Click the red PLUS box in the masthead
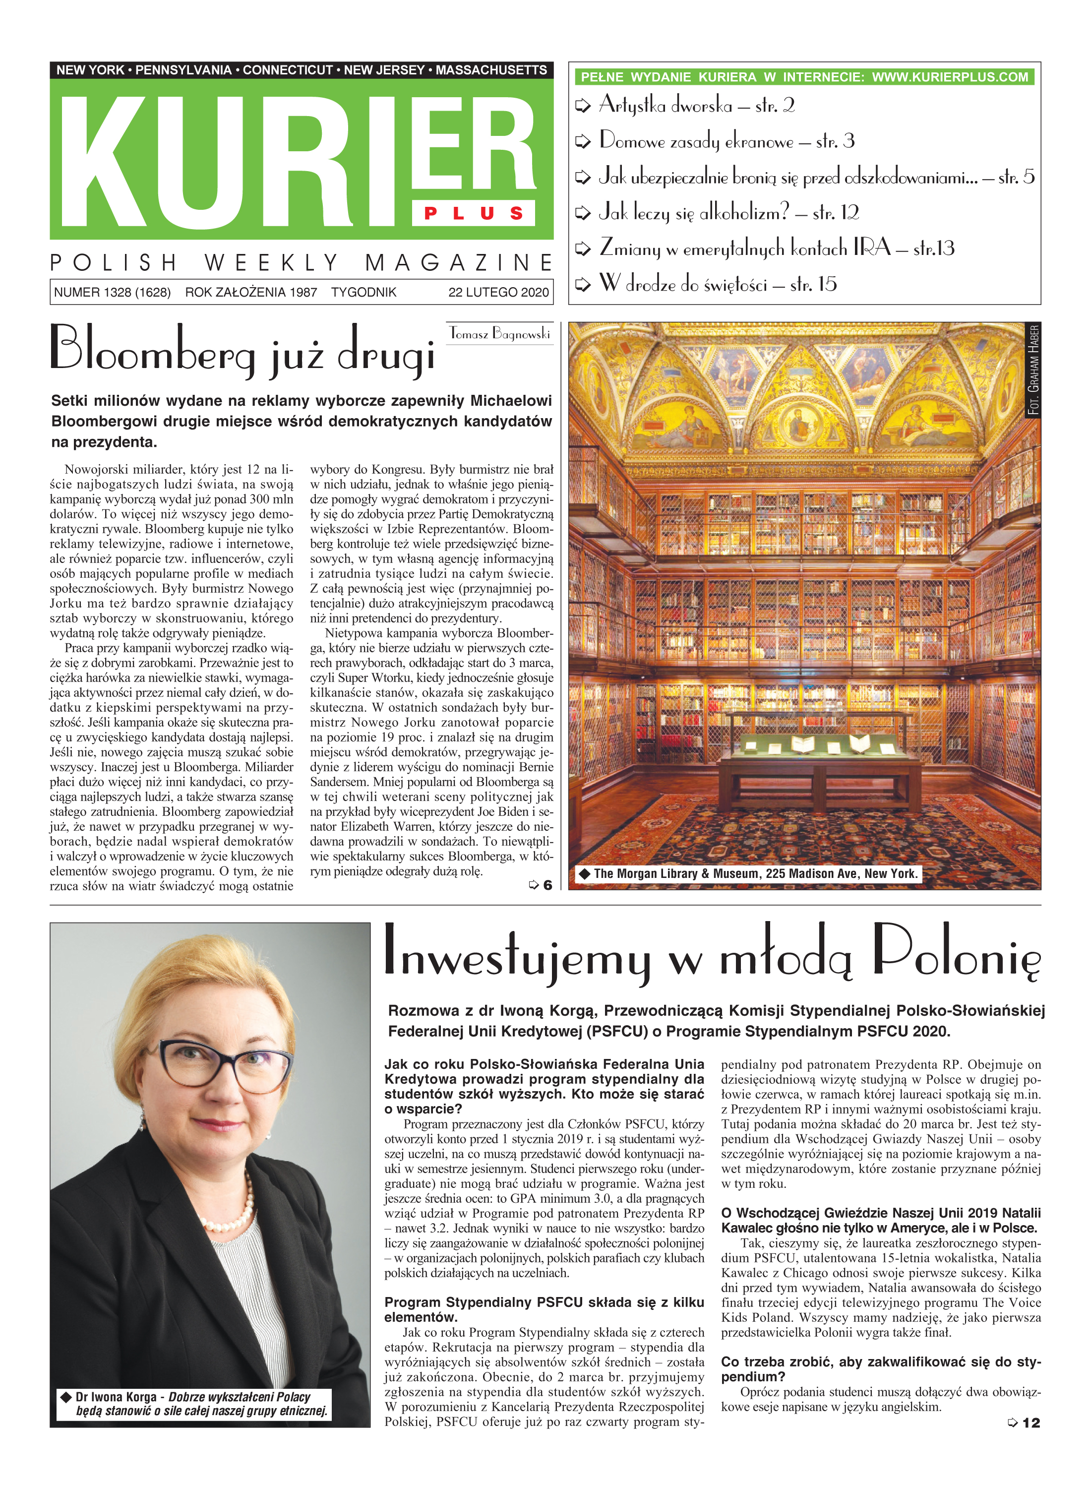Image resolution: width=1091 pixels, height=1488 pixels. (x=474, y=213)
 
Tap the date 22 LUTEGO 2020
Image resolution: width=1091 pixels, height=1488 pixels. (x=498, y=292)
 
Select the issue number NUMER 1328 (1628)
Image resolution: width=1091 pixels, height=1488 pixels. (x=112, y=292)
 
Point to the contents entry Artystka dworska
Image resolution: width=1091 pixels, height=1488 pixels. (x=665, y=106)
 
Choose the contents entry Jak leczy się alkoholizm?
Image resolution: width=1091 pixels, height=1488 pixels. (x=693, y=213)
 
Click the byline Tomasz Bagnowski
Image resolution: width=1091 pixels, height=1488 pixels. (x=499, y=333)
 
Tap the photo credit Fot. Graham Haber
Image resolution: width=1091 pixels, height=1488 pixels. (x=1033, y=370)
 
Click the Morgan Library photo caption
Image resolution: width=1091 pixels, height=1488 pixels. (x=755, y=873)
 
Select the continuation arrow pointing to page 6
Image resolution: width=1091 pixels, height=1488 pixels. (x=540, y=885)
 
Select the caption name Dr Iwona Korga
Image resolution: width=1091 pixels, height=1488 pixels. (x=116, y=1396)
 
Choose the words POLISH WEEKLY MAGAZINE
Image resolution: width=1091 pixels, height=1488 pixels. (x=301, y=263)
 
